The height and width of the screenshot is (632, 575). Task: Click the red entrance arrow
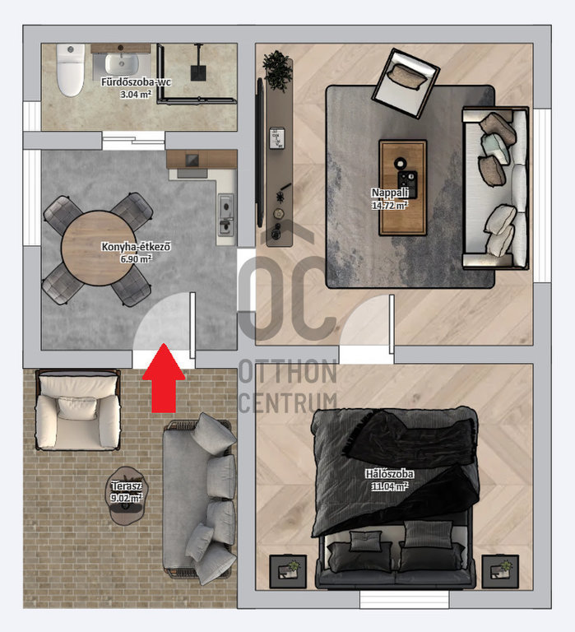(164, 378)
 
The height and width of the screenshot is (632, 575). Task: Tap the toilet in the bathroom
(71, 70)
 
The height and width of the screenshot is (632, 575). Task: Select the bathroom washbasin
(122, 63)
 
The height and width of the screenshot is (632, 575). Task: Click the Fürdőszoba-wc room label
(136, 82)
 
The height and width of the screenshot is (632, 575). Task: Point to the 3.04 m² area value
(136, 95)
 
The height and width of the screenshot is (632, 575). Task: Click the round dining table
(99, 249)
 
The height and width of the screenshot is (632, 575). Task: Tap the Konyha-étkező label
(136, 246)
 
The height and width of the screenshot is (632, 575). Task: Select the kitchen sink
(225, 215)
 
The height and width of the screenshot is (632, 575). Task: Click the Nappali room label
(390, 193)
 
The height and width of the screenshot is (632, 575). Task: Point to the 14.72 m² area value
(390, 205)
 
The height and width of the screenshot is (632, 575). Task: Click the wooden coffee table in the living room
(402, 188)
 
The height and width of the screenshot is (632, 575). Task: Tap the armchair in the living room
(406, 83)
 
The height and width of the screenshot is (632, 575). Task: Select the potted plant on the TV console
(277, 71)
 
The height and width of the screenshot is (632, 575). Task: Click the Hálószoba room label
(389, 474)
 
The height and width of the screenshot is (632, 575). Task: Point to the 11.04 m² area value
(389, 486)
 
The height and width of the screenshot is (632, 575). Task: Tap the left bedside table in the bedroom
(288, 571)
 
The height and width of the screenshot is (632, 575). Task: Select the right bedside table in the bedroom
(500, 571)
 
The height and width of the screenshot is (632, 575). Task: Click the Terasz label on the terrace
(126, 486)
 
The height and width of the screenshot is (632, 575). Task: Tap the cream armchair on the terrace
(78, 410)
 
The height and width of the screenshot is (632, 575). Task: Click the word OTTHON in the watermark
(288, 372)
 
